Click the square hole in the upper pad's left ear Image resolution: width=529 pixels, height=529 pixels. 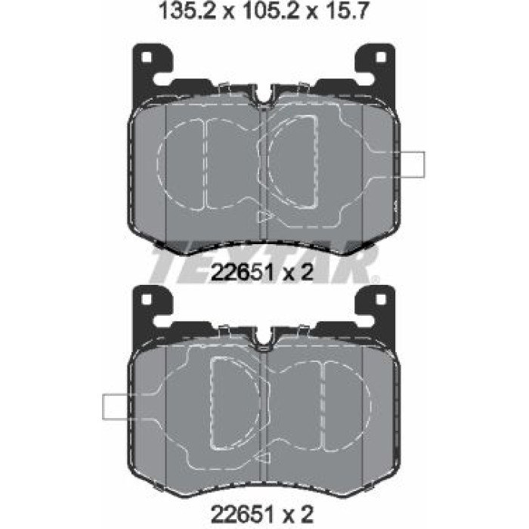(x=146, y=57)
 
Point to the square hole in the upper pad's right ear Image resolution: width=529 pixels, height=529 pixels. (x=381, y=57)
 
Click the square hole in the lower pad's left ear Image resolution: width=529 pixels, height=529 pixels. (x=146, y=299)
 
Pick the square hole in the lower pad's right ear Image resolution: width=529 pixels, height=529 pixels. (x=381, y=299)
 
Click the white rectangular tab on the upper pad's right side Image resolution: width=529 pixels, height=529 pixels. (x=412, y=164)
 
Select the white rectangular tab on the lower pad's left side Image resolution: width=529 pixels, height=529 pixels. (x=116, y=407)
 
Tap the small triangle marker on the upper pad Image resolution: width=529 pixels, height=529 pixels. (x=264, y=217)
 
